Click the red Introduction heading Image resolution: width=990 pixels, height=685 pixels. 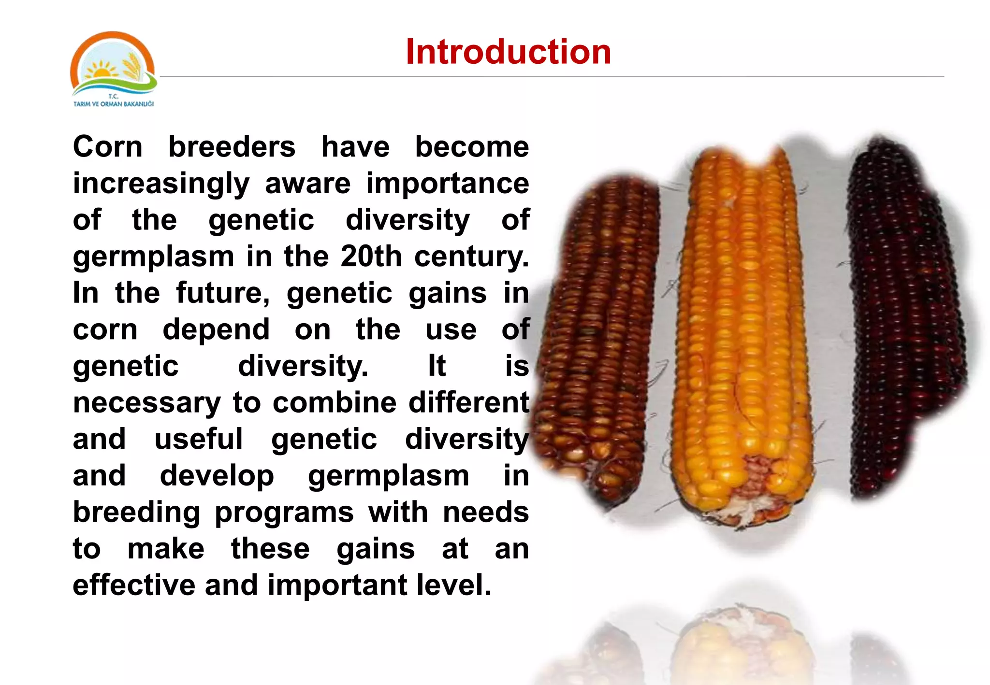click(x=508, y=52)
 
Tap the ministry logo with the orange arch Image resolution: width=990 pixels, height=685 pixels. click(x=113, y=65)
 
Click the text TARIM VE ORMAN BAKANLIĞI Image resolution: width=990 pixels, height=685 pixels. click(x=114, y=104)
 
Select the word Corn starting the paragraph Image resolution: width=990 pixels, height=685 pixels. click(x=108, y=147)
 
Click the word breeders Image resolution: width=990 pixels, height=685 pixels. click(x=232, y=147)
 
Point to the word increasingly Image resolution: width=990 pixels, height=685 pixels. click(x=161, y=184)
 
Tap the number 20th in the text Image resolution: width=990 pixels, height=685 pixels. click(x=371, y=256)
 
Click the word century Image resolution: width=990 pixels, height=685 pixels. click(x=471, y=256)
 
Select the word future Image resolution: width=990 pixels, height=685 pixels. click(x=223, y=293)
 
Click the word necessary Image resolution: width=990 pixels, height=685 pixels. click(x=147, y=403)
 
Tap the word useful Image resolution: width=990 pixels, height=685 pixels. click(x=199, y=439)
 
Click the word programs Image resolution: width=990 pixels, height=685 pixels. click(x=284, y=512)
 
